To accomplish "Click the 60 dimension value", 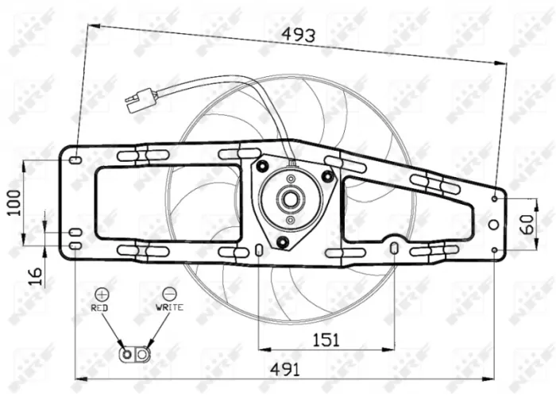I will pyautogui.click(x=526, y=225).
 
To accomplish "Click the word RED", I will pyautogui.click(x=100, y=307).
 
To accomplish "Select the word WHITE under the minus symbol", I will pyautogui.click(x=169, y=307).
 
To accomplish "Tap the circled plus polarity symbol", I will pyautogui.click(x=101, y=294).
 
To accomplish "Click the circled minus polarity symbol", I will pyautogui.click(x=169, y=294).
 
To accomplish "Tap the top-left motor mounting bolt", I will pyautogui.click(x=262, y=166).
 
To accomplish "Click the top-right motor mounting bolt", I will pyautogui.click(x=327, y=175).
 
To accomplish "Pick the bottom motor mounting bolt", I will pyautogui.click(x=282, y=241).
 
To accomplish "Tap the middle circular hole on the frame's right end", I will pyautogui.click(x=494, y=225).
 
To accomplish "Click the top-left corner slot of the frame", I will pyautogui.click(x=75, y=160).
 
